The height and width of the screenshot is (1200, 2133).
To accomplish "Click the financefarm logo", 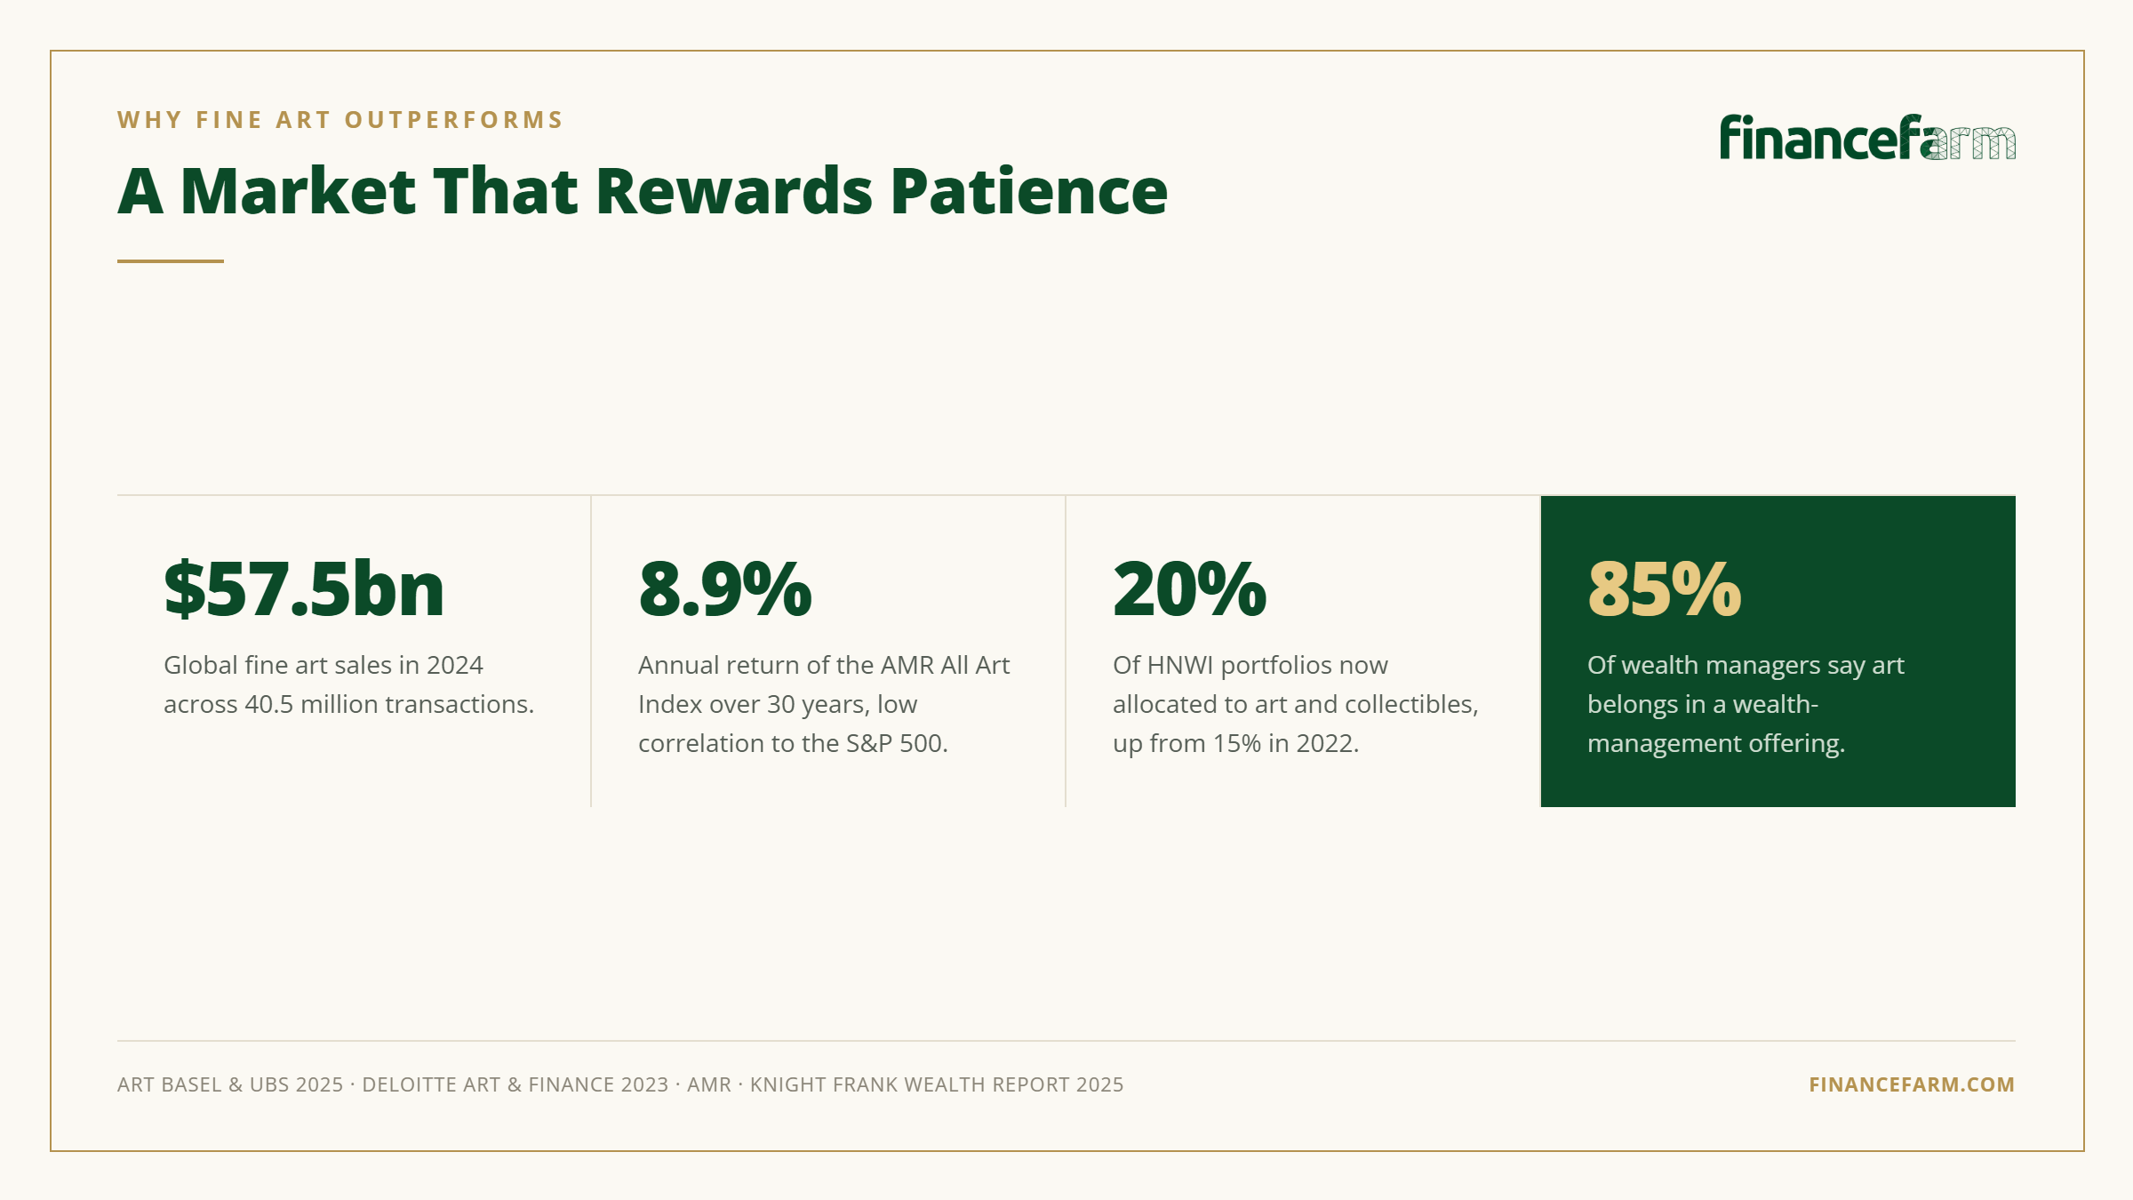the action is [x=1867, y=138].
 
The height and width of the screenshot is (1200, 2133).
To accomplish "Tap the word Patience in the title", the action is [x=1028, y=191].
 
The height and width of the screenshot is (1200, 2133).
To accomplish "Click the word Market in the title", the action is [x=298, y=191].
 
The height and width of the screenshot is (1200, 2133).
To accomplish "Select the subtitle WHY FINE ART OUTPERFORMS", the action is [x=340, y=120].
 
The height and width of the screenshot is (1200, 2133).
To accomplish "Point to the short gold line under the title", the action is [x=171, y=261].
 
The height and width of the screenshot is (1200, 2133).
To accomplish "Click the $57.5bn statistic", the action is [x=304, y=589].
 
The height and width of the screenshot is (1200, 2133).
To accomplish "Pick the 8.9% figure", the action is [x=725, y=589].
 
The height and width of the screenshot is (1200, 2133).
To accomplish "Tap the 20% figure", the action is [x=1189, y=589].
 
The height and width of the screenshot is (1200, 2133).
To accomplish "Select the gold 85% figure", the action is [x=1665, y=589].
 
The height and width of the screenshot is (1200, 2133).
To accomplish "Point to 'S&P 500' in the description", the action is [x=895, y=743].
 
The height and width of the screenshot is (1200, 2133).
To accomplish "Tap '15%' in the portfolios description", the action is [x=1237, y=743].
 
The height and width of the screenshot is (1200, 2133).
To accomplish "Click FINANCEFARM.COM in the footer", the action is [x=1912, y=1084].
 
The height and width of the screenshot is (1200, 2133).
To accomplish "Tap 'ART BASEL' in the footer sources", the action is [x=170, y=1084].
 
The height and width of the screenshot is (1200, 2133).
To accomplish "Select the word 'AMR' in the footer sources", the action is [x=709, y=1084].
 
